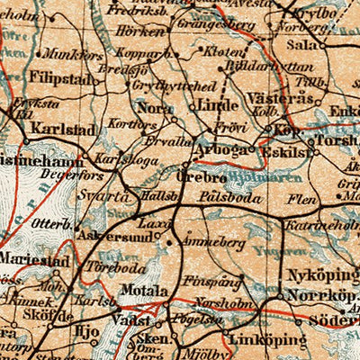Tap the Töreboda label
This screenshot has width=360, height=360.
pyautogui.click(x=113, y=266)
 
